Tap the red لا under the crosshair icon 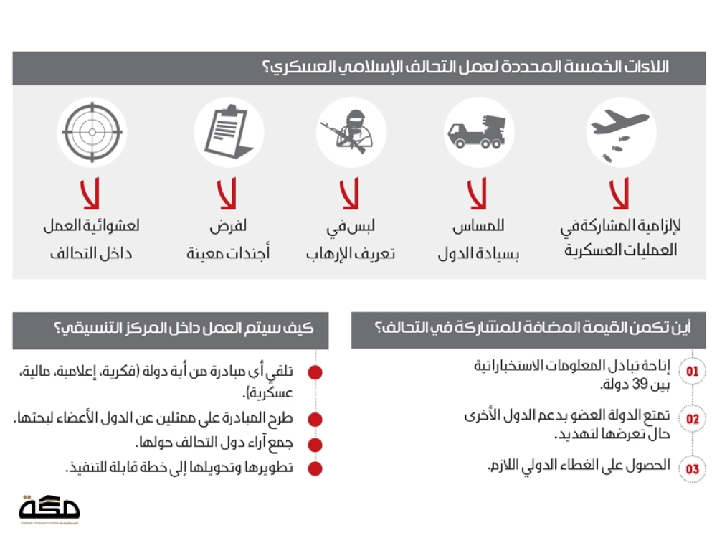tap(91, 193)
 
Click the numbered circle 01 tap(692, 372)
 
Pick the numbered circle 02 tap(692, 420)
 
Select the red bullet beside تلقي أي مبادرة tap(315, 372)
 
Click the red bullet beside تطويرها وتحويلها tap(315, 468)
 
